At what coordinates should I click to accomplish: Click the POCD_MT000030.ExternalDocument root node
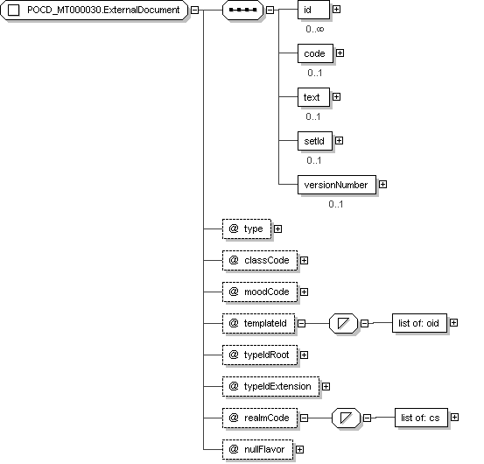pyautogui.click(x=94, y=10)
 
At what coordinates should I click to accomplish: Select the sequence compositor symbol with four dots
pyautogui.click(x=243, y=10)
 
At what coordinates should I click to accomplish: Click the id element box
pyautogui.click(x=313, y=10)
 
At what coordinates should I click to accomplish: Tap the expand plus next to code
pyautogui.click(x=340, y=53)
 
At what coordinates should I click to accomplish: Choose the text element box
pyautogui.click(x=313, y=97)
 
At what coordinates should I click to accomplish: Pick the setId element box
pyautogui.click(x=315, y=141)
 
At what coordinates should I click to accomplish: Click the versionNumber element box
pyautogui.click(x=337, y=185)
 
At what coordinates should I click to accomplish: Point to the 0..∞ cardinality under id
pyautogui.click(x=315, y=29)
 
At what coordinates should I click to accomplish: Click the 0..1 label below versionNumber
pyautogui.click(x=336, y=204)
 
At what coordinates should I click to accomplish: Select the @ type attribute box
pyautogui.click(x=247, y=229)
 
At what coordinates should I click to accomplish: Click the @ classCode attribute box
pyautogui.click(x=260, y=261)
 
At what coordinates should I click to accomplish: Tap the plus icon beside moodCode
pyautogui.click(x=304, y=292)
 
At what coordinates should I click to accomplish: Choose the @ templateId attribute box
pyautogui.click(x=259, y=324)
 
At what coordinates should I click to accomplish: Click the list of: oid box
pyautogui.click(x=419, y=323)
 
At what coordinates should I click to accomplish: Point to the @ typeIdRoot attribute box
pyautogui.click(x=260, y=355)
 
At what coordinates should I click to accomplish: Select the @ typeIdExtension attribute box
pyautogui.click(x=270, y=386)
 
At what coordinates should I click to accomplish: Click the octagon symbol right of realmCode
pyautogui.click(x=346, y=418)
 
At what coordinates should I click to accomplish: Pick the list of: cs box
pyautogui.click(x=421, y=418)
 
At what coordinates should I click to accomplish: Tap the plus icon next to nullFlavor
pyautogui.click(x=299, y=449)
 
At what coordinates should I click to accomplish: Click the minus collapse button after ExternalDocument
pyautogui.click(x=194, y=10)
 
